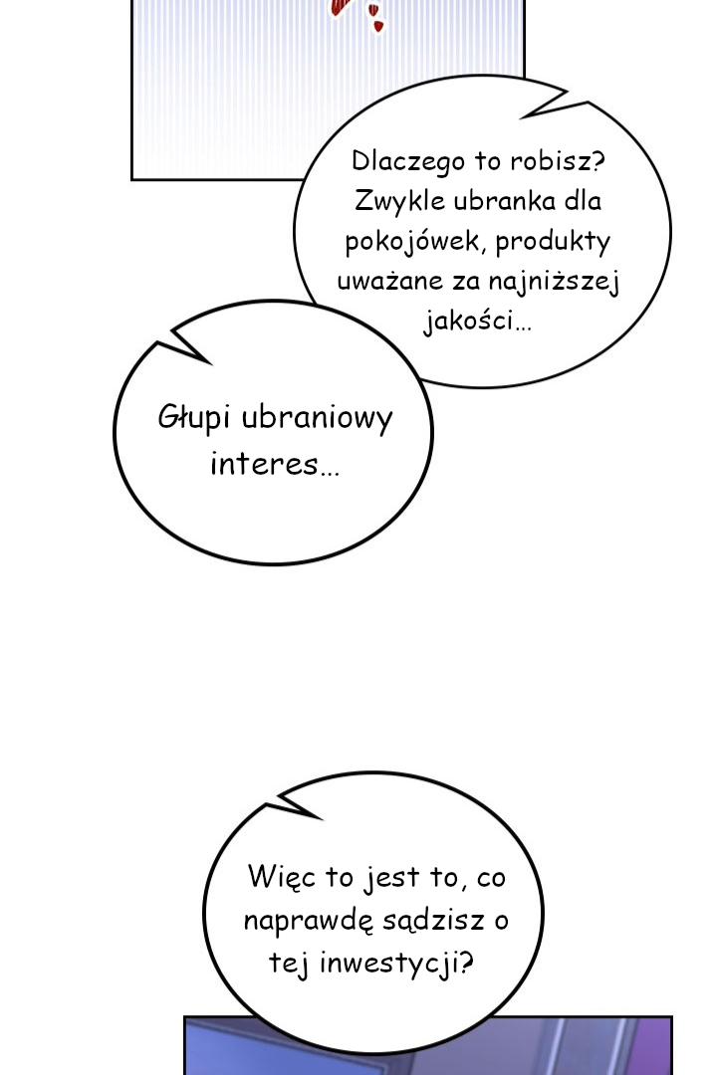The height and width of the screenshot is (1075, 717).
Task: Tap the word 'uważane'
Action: tap(389, 281)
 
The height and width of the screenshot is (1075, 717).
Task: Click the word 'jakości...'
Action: tap(478, 321)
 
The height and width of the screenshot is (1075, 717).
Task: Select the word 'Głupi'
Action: tap(193, 417)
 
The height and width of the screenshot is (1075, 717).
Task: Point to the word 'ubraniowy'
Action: tap(318, 418)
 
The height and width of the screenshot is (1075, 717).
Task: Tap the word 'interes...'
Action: tap(275, 464)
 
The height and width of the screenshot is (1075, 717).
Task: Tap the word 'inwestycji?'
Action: tap(396, 964)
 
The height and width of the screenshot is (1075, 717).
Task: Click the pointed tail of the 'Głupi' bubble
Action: tap(159, 341)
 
